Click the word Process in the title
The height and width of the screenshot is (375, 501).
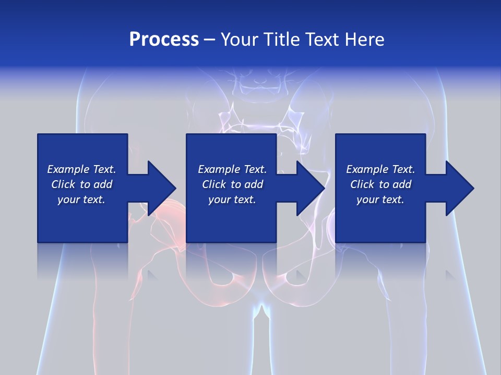(164, 40)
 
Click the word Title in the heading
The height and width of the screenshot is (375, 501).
(280, 40)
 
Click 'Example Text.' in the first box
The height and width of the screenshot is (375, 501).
(81, 169)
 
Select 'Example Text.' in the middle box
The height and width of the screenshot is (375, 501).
(232, 169)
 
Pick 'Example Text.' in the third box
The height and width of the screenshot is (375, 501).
(380, 169)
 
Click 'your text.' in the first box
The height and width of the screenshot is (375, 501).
(81, 199)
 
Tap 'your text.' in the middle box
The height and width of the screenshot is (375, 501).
(232, 199)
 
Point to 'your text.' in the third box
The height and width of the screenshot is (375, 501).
(380, 199)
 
